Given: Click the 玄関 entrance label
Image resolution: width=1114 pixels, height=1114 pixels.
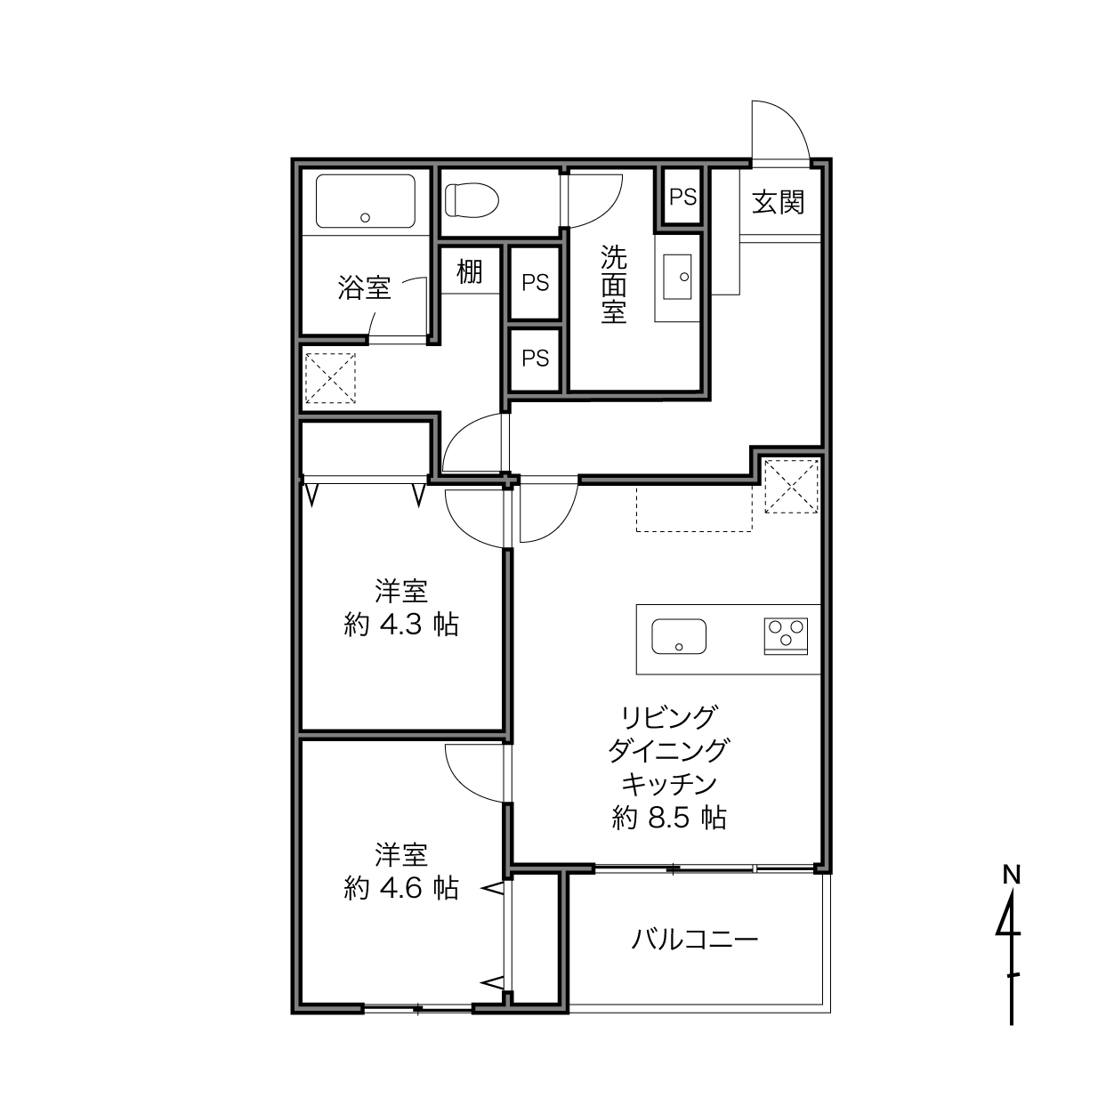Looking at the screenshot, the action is pos(778,202).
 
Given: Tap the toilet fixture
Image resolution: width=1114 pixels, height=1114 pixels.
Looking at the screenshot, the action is pos(472,200).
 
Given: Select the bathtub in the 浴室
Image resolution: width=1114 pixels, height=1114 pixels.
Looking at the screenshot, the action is pos(366,201).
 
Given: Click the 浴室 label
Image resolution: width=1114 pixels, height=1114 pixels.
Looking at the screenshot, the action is pos(364,287).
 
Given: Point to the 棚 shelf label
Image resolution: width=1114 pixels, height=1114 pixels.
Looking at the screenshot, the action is pos(470,271).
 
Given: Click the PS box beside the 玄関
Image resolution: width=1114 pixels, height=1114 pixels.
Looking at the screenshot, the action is pos(682,198).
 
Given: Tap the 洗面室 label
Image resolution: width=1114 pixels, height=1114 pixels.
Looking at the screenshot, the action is pos(613,284).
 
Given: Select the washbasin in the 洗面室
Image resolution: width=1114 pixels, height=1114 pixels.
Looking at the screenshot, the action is pos(677,277).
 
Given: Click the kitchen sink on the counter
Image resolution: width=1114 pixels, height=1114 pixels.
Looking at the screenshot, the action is pos(679,636).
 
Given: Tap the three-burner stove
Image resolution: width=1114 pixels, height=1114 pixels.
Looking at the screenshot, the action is pos(786,636).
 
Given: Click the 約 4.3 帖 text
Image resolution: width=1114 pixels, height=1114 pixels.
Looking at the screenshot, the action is pos(401,625).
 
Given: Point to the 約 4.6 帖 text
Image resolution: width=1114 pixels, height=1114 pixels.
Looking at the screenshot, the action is pos(401,888).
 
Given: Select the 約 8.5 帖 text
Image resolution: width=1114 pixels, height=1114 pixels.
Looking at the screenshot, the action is pos(669,818).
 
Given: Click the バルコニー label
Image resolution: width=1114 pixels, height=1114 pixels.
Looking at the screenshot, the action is pos(694,940).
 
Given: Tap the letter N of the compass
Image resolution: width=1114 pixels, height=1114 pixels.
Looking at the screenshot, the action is pos(1012,876).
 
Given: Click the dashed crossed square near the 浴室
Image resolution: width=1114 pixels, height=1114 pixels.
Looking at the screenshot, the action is pos(330,378).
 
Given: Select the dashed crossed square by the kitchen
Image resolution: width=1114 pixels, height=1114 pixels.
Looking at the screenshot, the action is pos(791,486).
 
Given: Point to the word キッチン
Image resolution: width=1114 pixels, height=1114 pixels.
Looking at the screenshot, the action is pos(669,784).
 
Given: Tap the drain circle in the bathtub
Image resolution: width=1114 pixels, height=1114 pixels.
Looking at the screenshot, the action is pos(365,218).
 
